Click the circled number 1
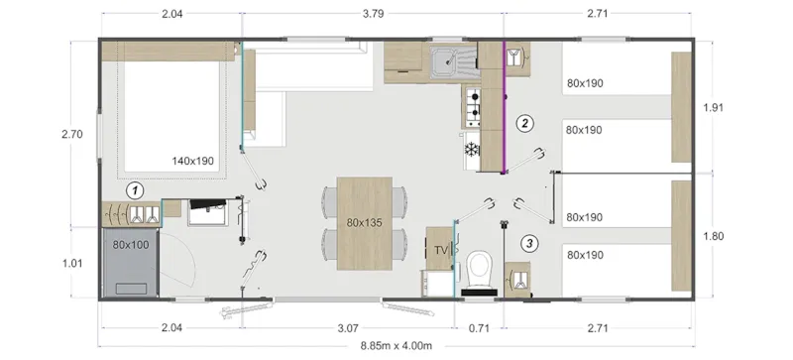point(136,188)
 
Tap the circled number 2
point(525,124)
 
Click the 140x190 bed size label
point(192,160)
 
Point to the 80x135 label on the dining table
point(366,222)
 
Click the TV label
point(440,249)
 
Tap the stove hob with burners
point(473,101)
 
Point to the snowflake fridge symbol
point(472,149)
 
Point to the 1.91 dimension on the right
point(715,107)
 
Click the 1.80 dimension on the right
point(715,236)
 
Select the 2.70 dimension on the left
point(71,134)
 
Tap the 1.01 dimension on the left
point(71,264)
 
